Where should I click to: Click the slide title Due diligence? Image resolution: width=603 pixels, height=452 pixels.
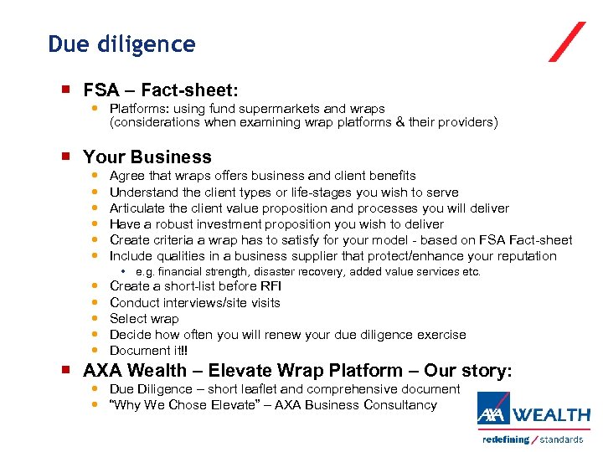pyautogui.click(x=121, y=44)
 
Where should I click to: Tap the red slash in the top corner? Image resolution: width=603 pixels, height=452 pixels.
pyautogui.click(x=567, y=42)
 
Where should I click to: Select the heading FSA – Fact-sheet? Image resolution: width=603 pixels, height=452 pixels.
pyautogui.click(x=161, y=90)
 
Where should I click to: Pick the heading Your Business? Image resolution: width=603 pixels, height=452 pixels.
pyautogui.click(x=147, y=157)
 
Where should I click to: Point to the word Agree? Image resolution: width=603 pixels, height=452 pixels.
pyautogui.click(x=127, y=176)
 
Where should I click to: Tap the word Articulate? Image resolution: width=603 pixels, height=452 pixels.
pyautogui.click(x=137, y=208)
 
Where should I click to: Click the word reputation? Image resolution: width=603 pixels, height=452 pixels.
pyautogui.click(x=525, y=256)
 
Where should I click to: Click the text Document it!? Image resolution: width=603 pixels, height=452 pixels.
pyautogui.click(x=149, y=351)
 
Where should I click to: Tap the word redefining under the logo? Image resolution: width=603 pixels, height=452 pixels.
pyautogui.click(x=505, y=439)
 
